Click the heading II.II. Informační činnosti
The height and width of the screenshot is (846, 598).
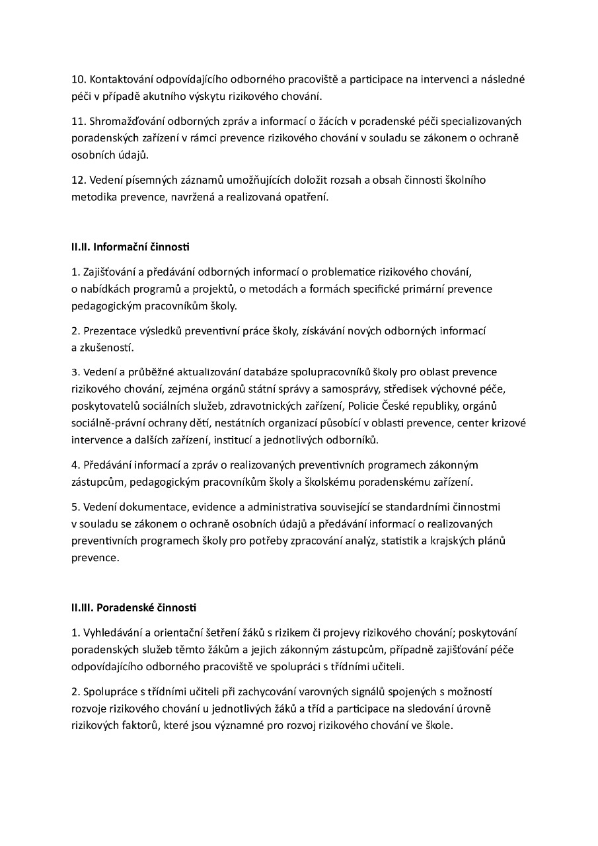pyautogui.click(x=130, y=247)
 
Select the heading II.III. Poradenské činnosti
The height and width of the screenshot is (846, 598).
pyautogui.click(x=133, y=607)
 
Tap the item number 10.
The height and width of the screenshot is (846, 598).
pyautogui.click(x=79, y=79)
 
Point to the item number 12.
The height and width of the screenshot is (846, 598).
pyautogui.click(x=79, y=180)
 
